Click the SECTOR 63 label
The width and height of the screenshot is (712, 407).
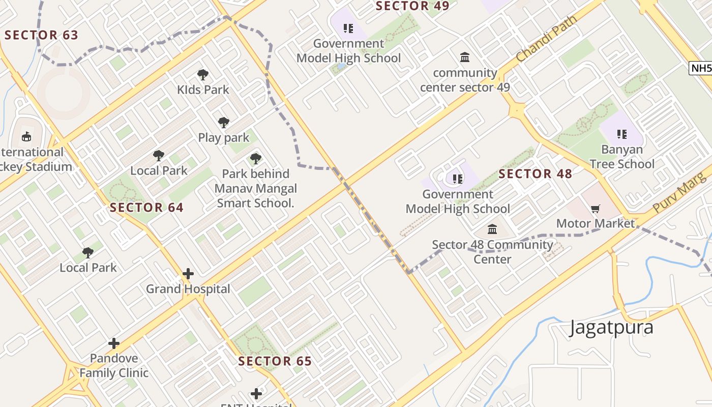42,35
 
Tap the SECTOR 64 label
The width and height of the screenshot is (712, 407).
146,208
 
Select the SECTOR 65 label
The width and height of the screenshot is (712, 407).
275,361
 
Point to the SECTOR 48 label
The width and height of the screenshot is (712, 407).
535,174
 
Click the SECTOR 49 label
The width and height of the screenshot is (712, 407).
412,6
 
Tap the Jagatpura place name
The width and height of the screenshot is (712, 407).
611,327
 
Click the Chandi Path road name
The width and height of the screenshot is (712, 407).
547,39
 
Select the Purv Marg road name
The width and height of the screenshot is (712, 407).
680,193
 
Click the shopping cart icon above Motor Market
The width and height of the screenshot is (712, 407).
596,209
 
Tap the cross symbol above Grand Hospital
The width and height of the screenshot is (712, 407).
188,274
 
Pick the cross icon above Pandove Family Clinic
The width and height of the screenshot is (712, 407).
114,343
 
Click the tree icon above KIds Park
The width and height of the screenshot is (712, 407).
203,75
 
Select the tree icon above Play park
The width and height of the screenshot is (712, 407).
223,123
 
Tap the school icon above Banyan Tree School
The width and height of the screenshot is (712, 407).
621,134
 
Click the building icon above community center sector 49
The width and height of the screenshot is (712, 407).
465,57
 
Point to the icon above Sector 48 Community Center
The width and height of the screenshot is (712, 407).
492,229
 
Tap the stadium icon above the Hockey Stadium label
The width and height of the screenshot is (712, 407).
26,136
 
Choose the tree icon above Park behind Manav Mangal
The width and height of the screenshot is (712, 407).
255,159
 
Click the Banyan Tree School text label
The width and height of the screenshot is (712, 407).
621,157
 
